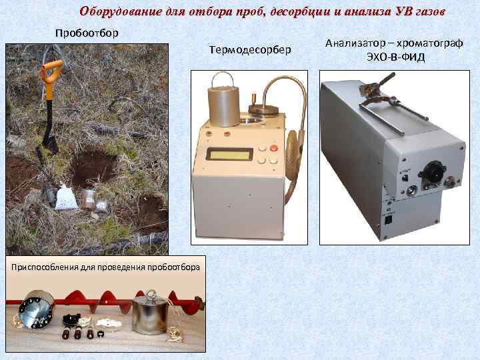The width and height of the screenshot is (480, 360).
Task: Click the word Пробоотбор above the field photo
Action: [x=87, y=33]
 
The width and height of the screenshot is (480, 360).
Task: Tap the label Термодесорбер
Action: [x=250, y=49]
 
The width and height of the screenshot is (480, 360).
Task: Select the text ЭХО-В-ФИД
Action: [x=395, y=57]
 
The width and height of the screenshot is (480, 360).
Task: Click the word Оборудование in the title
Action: [x=121, y=11]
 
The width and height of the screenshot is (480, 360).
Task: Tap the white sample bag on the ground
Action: [x=65, y=197]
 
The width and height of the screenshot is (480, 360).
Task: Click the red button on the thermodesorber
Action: [x=273, y=148]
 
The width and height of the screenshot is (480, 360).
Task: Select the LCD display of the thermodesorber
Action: [x=229, y=154]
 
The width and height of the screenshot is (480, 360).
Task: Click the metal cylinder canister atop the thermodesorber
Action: [x=224, y=105]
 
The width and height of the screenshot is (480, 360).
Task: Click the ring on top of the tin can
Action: [x=151, y=294]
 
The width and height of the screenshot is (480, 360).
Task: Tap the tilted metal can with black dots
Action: [x=36, y=309]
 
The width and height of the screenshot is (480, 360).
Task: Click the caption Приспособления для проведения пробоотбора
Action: [x=105, y=267]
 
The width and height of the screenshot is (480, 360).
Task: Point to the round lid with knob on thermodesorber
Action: [x=263, y=108]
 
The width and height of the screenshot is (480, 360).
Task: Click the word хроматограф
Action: [x=431, y=43]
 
